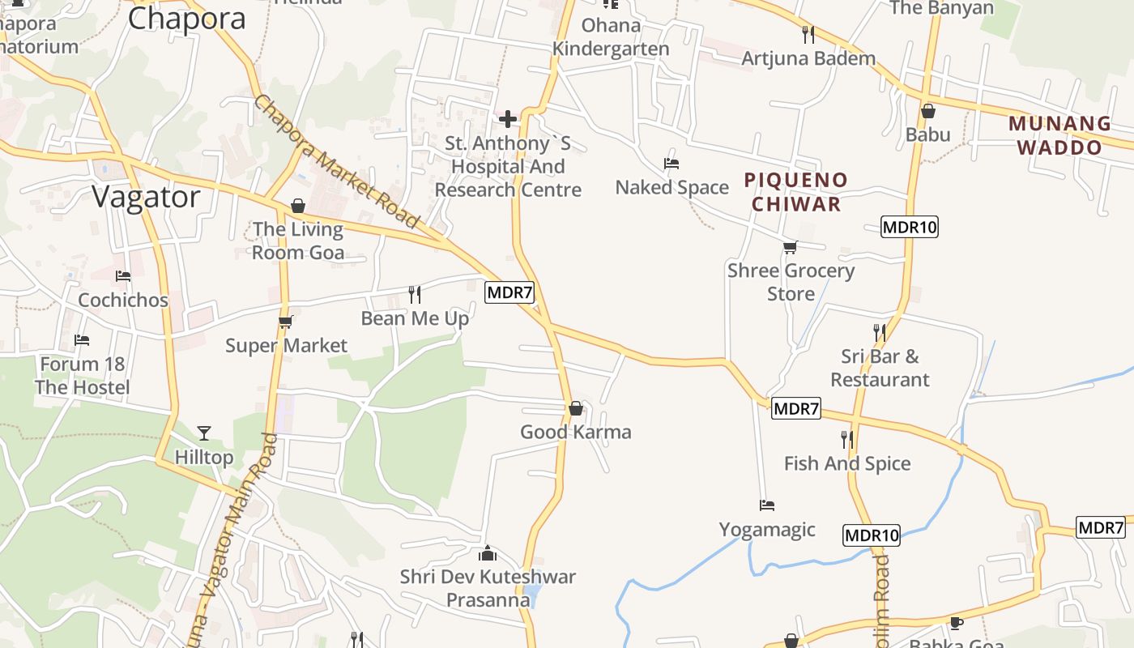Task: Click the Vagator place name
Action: (146, 197)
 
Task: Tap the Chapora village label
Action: (186, 19)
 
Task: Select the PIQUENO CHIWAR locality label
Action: (796, 192)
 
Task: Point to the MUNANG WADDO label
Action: (1059, 135)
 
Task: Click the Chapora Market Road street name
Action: (337, 162)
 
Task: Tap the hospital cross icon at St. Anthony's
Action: (508, 120)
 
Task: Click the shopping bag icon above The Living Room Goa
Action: (298, 206)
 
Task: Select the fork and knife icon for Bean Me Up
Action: (415, 294)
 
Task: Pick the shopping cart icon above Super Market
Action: (285, 322)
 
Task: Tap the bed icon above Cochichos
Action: (123, 276)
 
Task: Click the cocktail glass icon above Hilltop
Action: (204, 433)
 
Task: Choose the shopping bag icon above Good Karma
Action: (575, 408)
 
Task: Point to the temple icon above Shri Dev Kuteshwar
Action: (488, 553)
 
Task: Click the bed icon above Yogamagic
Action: (767, 505)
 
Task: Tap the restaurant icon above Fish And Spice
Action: (847, 440)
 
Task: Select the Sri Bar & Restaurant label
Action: (880, 368)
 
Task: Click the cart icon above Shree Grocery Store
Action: (790, 247)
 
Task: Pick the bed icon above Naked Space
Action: (671, 164)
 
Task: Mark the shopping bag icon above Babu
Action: (928, 111)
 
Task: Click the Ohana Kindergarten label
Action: (611, 37)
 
